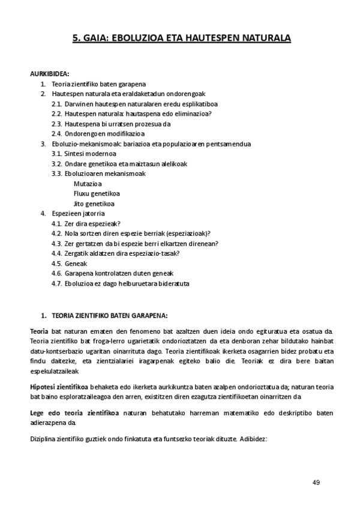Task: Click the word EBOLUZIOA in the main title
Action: point(132,38)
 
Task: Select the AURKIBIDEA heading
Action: point(50,74)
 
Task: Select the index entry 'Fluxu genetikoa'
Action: point(97,193)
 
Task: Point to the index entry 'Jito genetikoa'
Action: point(94,203)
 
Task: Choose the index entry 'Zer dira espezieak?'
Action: point(92,223)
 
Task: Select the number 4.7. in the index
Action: point(57,283)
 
